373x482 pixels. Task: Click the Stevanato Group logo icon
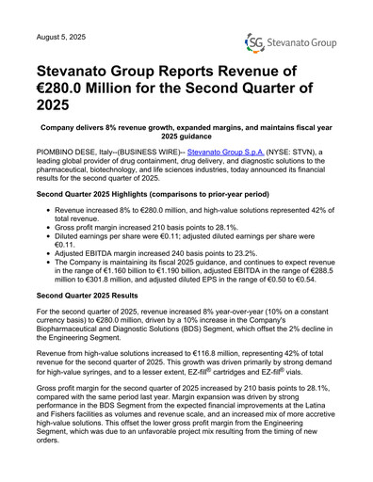click(253, 41)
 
